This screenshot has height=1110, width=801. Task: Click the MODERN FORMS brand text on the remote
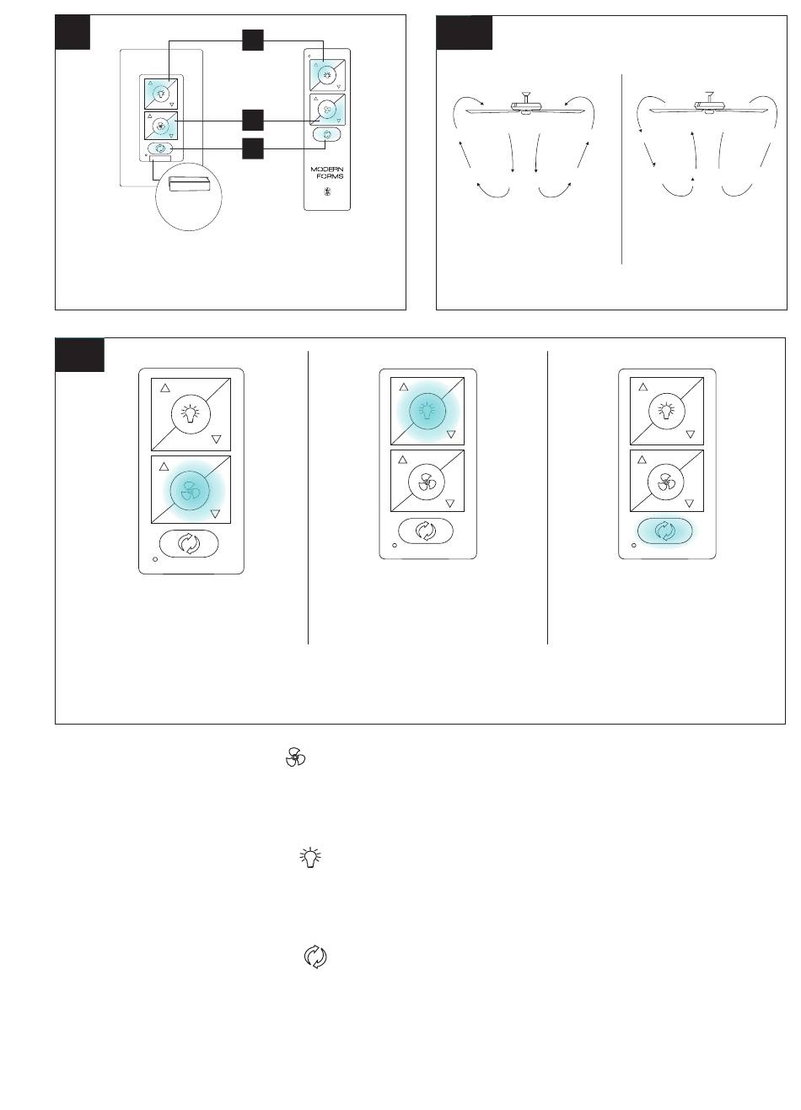[327, 172]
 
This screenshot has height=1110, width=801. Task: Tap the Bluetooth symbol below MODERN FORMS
[327, 191]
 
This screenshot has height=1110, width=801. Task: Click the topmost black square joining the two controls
[253, 40]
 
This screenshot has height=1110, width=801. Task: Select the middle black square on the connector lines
[253, 121]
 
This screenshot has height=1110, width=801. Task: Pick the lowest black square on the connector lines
[253, 148]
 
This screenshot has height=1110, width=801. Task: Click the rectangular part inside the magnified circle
[189, 183]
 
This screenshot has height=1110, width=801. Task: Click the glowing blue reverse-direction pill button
[664, 531]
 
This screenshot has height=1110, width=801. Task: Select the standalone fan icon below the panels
[295, 758]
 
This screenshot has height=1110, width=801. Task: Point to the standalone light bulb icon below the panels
[310, 857]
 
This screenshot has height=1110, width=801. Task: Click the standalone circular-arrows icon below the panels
[315, 956]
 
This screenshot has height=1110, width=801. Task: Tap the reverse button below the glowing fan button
[189, 543]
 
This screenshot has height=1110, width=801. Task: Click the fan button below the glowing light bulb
[426, 481]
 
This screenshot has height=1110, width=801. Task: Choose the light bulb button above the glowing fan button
[191, 413]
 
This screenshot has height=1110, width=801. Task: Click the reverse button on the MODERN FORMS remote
[327, 134]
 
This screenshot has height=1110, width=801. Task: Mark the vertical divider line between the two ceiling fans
[621, 170]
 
